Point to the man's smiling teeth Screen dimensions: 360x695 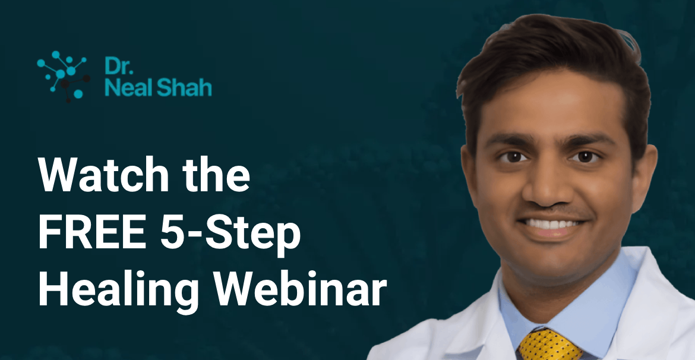[x=550, y=225]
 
